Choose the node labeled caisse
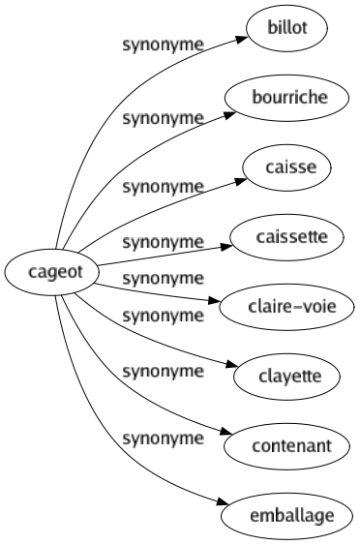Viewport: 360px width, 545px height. [291, 167]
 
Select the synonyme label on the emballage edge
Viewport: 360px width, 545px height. [163, 438]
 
